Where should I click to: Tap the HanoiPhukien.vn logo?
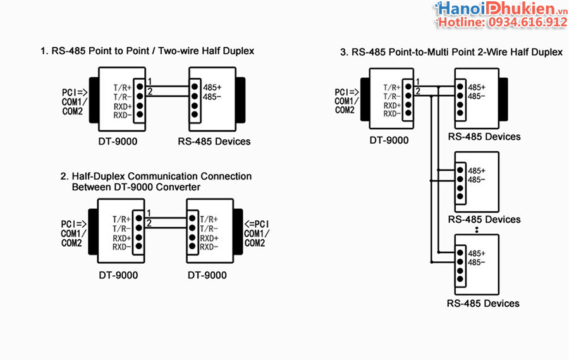pyautogui.click(x=500, y=9)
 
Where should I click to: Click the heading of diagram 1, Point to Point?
pyautogui.click(x=147, y=51)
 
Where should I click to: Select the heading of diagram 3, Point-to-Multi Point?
pyautogui.click(x=451, y=53)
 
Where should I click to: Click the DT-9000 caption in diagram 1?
pyautogui.click(x=118, y=141)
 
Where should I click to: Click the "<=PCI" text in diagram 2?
pyautogui.click(x=257, y=224)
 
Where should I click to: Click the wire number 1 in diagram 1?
pyautogui.click(x=149, y=81)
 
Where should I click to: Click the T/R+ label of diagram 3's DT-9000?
pyautogui.click(x=392, y=87)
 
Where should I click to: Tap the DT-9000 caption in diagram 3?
pyautogui.click(x=389, y=140)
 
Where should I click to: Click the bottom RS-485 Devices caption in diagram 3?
pyautogui.click(x=483, y=303)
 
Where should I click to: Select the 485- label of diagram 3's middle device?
pyautogui.click(x=477, y=180)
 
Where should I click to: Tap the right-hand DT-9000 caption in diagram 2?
pyautogui.click(x=207, y=275)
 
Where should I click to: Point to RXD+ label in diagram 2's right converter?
pyautogui.click(x=209, y=238)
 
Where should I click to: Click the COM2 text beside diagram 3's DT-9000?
pyautogui.click(x=345, y=110)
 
